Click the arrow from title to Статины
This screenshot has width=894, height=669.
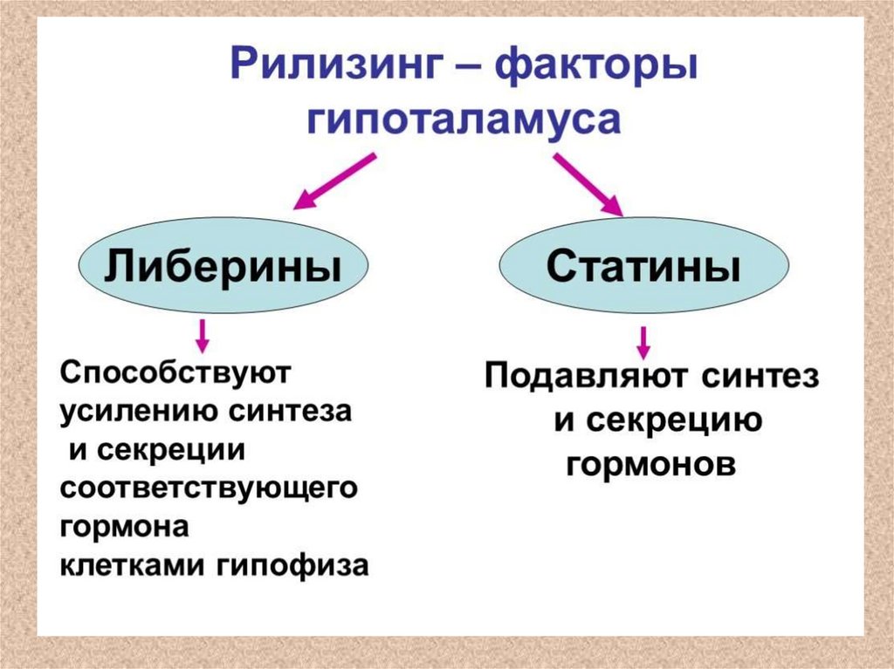(x=588, y=185)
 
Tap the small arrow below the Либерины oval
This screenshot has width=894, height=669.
(x=203, y=336)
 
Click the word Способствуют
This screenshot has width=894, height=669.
(x=174, y=374)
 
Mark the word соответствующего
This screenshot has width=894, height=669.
(x=210, y=489)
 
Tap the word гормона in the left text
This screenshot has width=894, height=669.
(x=124, y=528)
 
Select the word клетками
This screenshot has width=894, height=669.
(x=132, y=565)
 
